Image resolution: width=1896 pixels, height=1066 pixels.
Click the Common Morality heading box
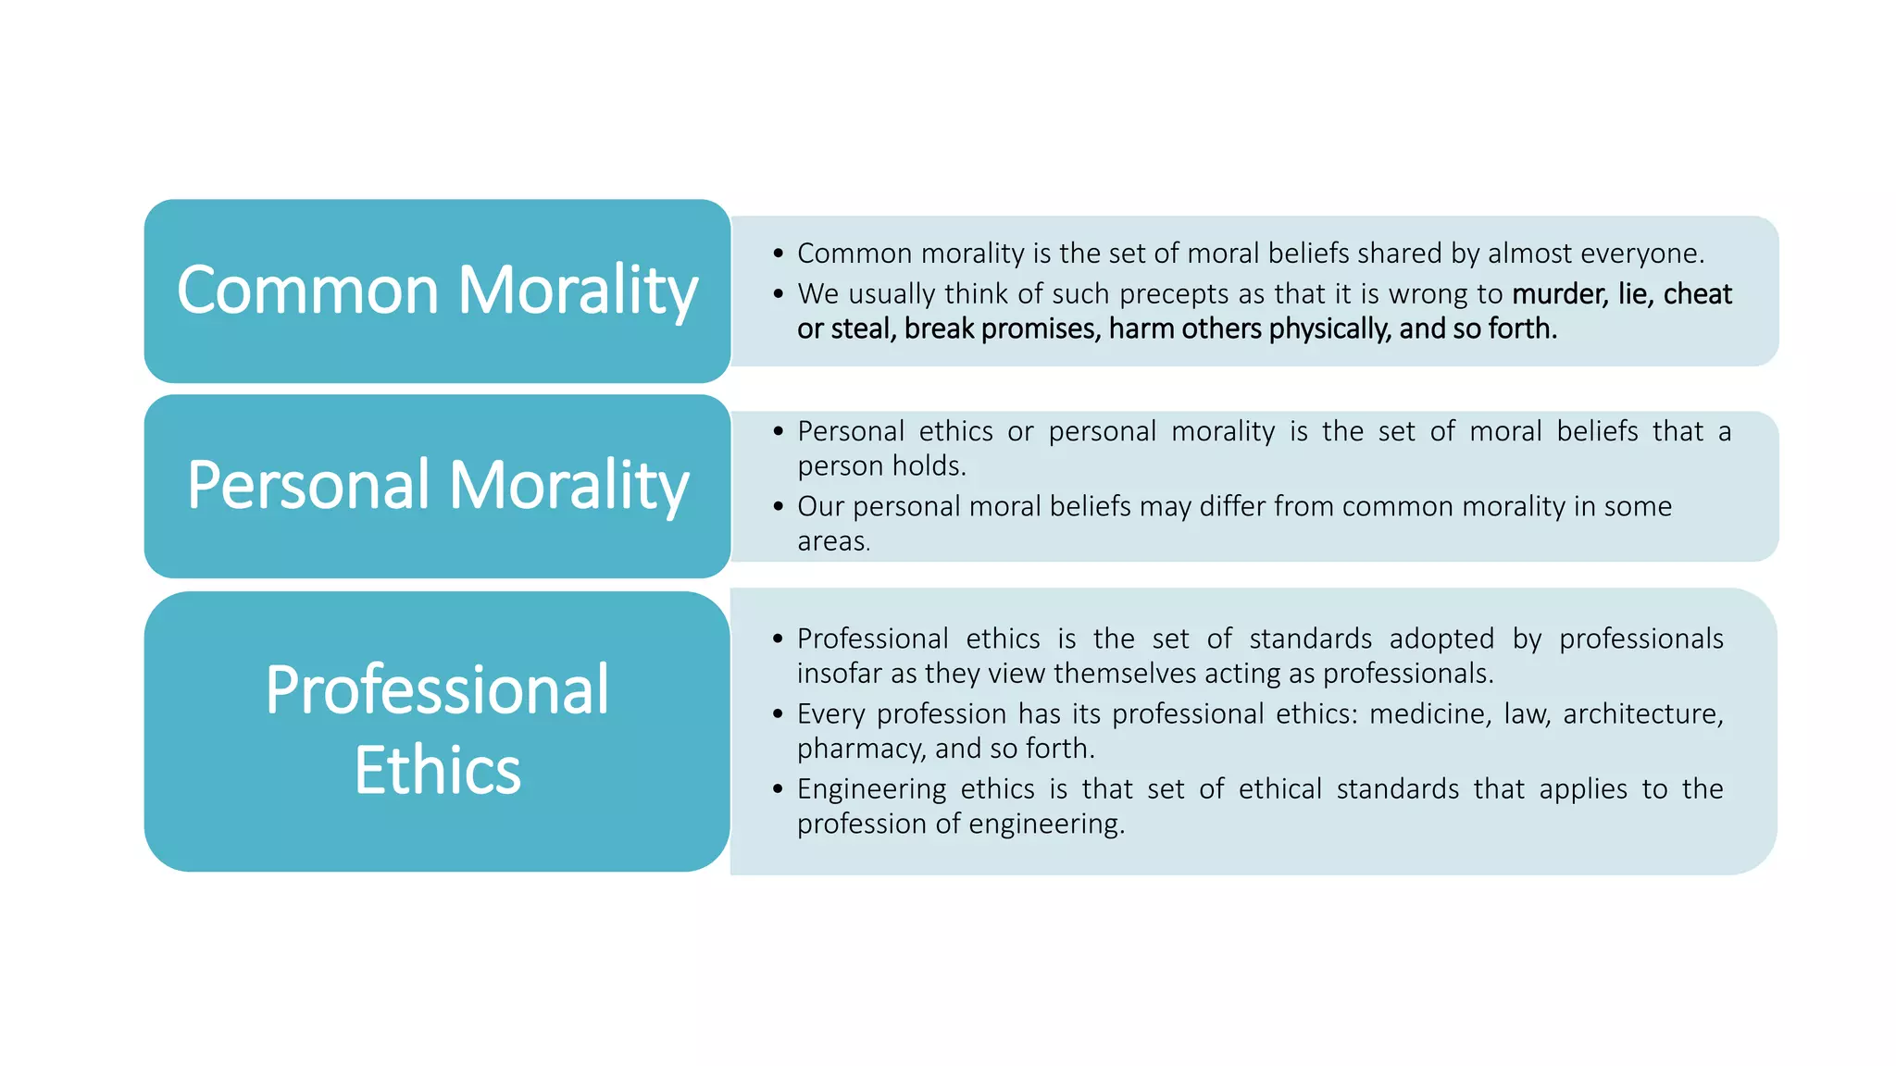437,291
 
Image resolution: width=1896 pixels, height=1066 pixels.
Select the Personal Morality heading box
437,486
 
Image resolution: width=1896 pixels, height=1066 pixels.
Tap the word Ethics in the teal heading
437,770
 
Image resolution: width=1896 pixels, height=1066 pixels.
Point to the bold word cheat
1697,294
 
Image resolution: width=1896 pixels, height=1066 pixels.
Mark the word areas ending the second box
832,541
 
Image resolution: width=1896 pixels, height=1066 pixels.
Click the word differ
1232,507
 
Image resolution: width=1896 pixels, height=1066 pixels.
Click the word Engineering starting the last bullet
871,789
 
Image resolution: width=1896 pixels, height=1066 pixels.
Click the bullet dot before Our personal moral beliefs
778,507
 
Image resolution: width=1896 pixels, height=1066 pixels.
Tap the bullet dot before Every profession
778,714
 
